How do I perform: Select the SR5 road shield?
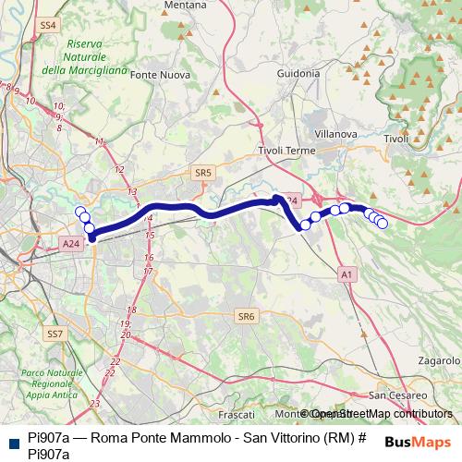[203, 172]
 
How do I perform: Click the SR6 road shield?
[245, 316]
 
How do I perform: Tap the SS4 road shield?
[49, 24]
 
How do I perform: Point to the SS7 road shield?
[55, 333]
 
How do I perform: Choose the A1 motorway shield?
[346, 274]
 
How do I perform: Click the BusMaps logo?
[418, 442]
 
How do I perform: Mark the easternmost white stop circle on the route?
[383, 224]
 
